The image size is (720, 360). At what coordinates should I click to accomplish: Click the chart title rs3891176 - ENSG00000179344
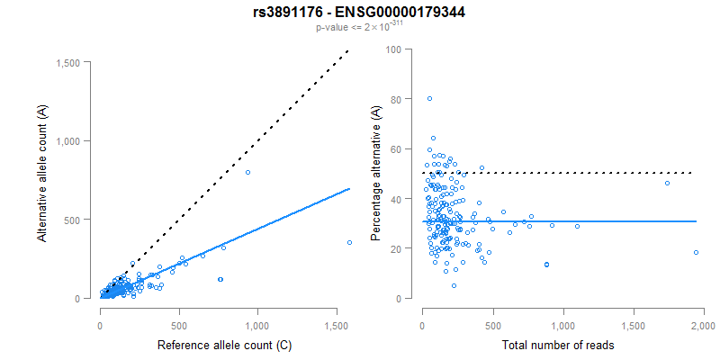click(360, 12)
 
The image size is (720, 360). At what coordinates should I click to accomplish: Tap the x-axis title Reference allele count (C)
click(224, 345)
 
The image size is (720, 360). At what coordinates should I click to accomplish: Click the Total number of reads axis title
click(562, 345)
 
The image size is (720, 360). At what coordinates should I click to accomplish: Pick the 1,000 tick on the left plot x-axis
click(257, 319)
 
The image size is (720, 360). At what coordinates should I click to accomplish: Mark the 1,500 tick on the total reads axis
click(633, 319)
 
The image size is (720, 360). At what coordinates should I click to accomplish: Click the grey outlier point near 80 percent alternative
click(429, 99)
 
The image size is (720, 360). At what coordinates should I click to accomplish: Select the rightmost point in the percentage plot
click(696, 253)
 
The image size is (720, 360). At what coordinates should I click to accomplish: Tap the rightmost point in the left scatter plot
click(349, 242)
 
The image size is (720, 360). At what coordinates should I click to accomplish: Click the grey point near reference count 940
click(247, 172)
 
